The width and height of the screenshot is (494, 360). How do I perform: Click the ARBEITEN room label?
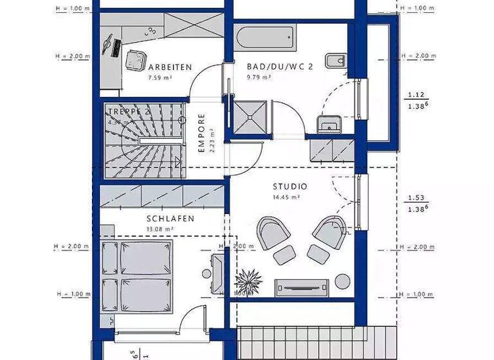point(170,67)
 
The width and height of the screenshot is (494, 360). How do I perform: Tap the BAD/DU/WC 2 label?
point(280,66)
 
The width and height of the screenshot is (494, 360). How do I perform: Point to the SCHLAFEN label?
point(171,219)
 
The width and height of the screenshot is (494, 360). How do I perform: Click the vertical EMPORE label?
point(201,133)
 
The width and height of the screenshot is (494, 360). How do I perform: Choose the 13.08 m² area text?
point(160,229)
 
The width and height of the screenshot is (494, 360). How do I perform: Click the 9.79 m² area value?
point(259,77)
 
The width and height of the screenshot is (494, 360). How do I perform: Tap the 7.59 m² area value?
point(158,78)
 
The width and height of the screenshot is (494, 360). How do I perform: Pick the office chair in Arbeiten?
point(136,60)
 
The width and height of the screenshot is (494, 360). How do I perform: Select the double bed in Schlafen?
point(139,277)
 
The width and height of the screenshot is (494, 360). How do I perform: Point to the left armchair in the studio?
point(273,231)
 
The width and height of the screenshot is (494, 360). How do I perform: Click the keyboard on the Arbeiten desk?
point(117,46)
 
